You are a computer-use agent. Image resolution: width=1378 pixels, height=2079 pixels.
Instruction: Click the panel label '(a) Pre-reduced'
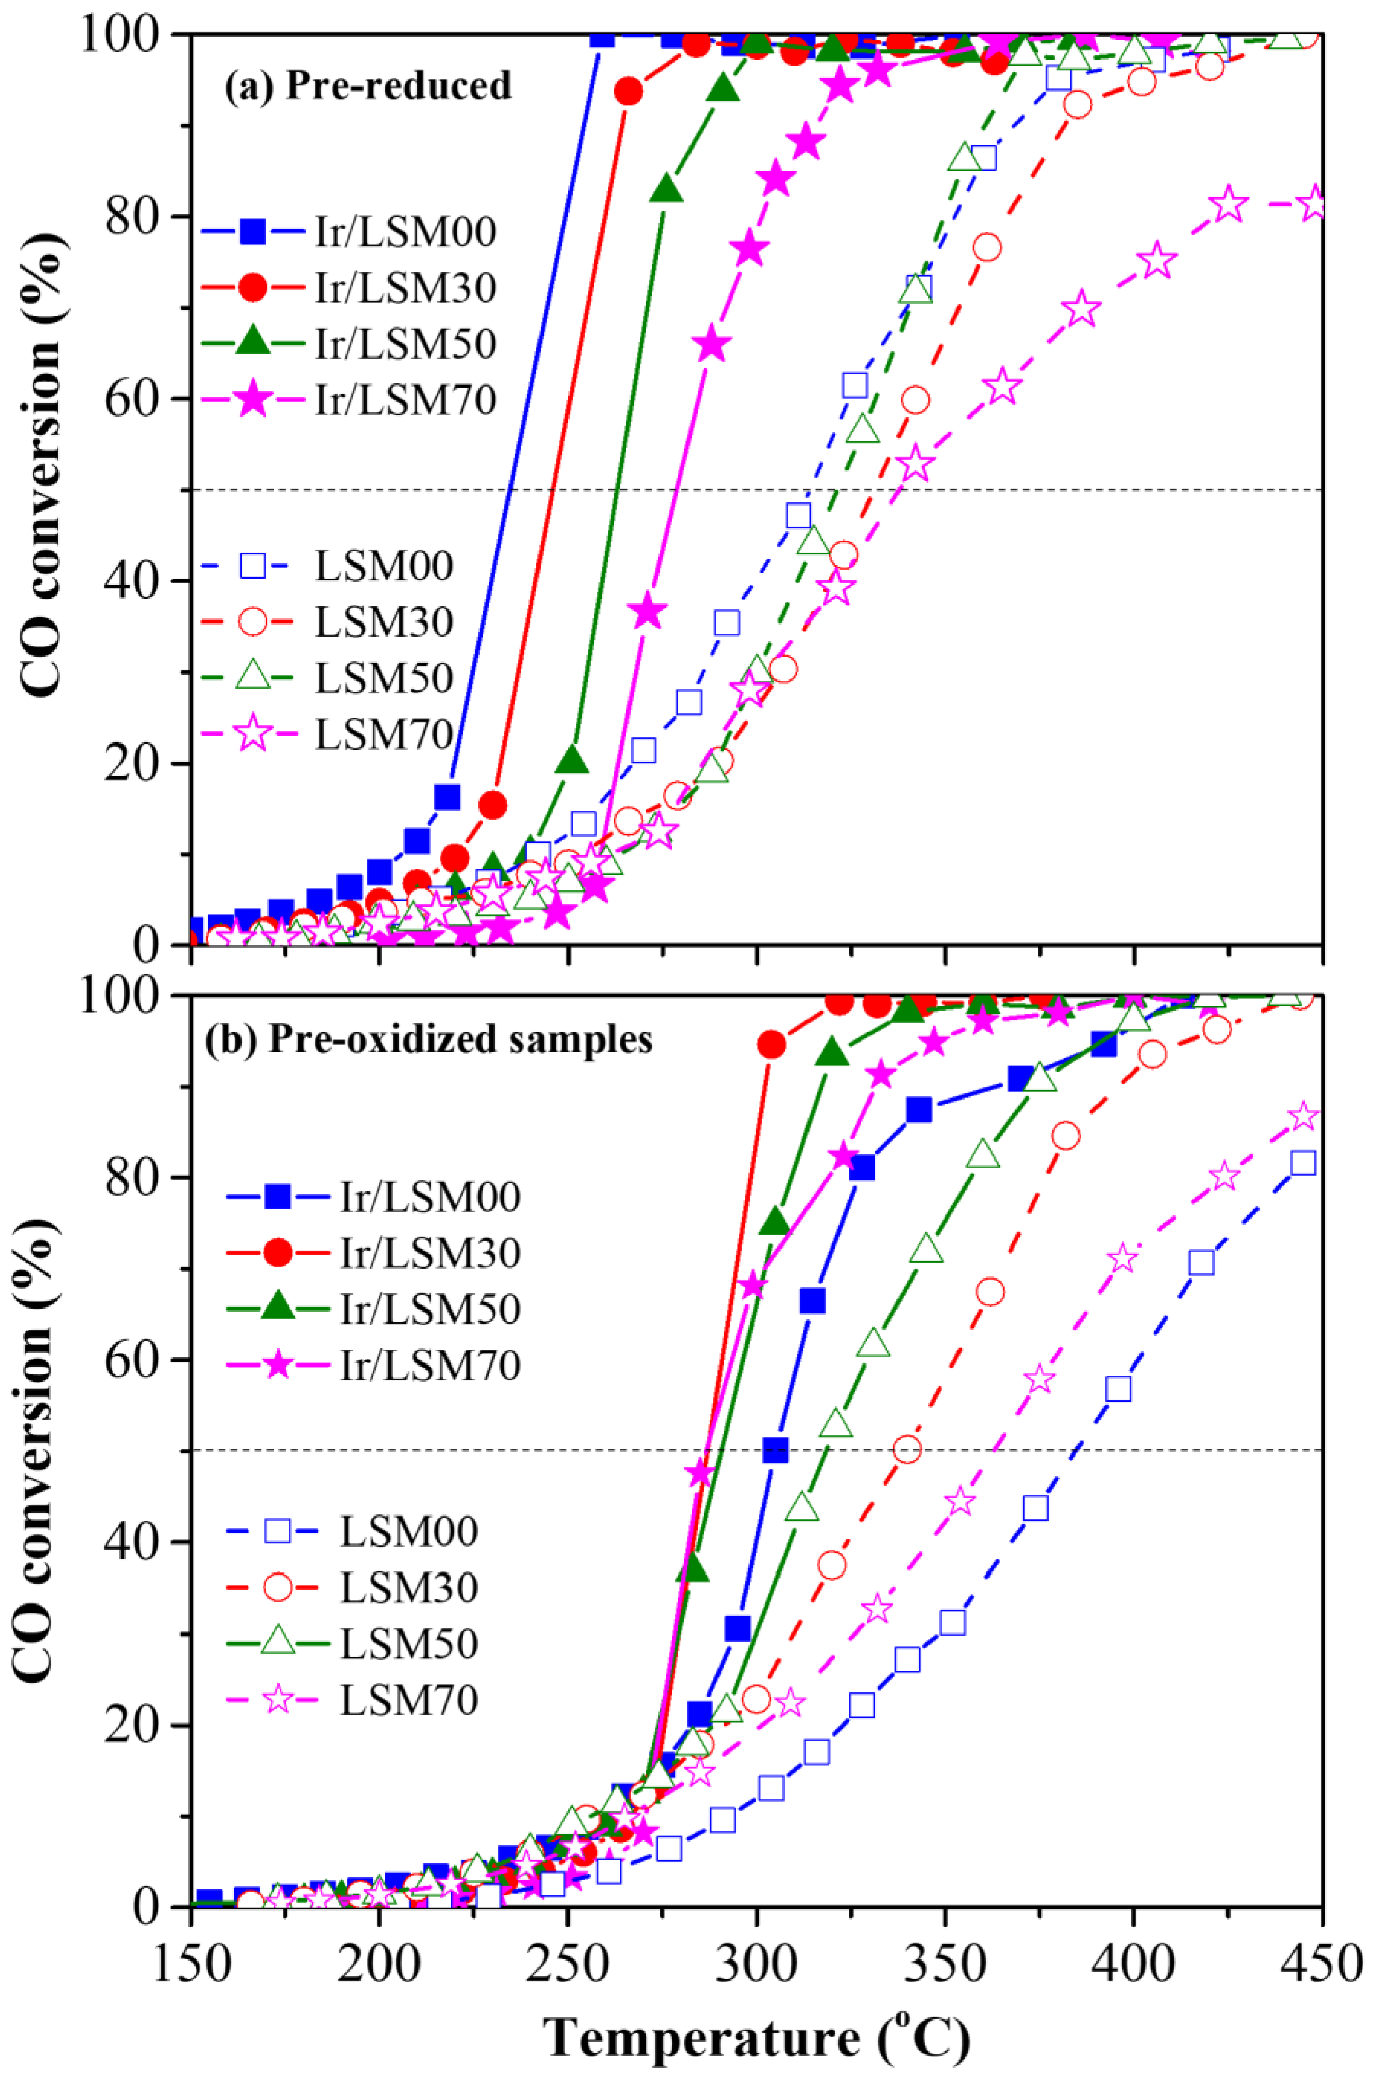(x=367, y=86)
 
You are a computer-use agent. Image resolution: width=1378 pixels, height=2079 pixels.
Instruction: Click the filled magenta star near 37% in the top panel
(x=648, y=612)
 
